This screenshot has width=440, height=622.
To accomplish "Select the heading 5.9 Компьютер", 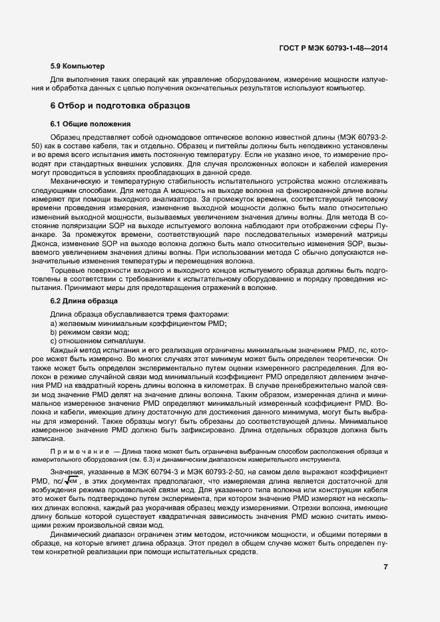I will (x=77, y=67).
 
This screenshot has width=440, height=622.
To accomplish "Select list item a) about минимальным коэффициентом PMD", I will (x=138, y=323).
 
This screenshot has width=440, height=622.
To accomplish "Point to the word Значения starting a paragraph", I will (x=69, y=471).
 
